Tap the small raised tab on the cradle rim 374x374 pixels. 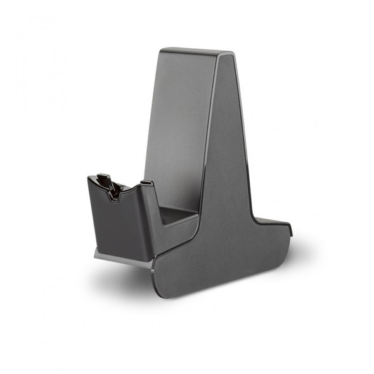(x=146, y=184)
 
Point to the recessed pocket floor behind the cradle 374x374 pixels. (x=177, y=216)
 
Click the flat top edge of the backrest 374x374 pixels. (x=190, y=51)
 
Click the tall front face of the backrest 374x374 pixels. (x=181, y=127)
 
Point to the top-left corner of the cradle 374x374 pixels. (x=88, y=179)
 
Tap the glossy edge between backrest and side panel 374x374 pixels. (x=209, y=127)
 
